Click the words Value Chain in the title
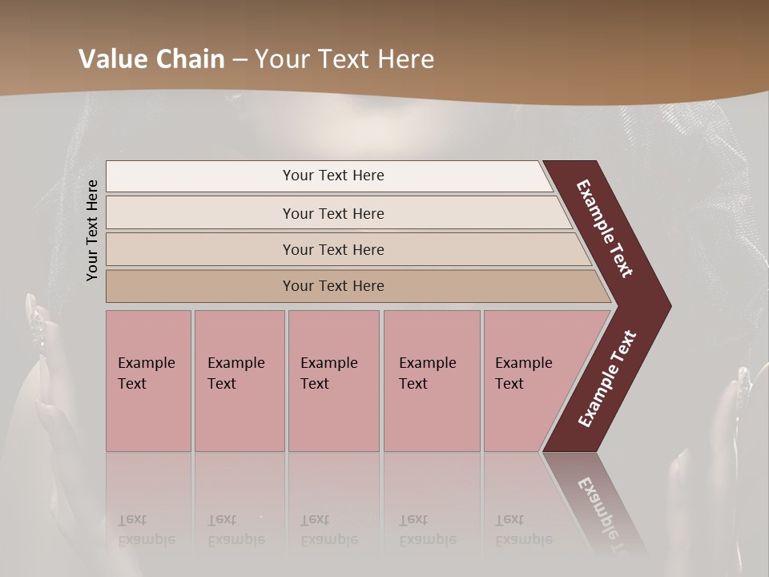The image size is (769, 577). point(151,59)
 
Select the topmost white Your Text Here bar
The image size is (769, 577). point(332,176)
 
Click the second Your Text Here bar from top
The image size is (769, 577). point(332,213)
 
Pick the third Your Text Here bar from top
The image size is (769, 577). point(332,249)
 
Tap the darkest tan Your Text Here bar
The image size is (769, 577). point(332,286)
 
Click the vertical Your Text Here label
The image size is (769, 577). point(93,230)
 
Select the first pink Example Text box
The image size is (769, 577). point(148,381)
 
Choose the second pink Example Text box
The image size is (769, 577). point(239,381)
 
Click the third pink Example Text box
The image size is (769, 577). point(333,381)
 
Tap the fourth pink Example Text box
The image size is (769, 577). point(431,381)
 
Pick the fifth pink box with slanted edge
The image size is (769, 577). point(529,381)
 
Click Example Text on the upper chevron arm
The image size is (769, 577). point(606,229)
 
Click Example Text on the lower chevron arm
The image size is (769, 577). point(608,379)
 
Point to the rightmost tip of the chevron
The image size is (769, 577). point(669,306)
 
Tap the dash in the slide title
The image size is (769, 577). point(240,59)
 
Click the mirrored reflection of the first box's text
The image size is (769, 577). point(146,530)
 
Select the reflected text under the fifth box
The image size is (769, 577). point(523,530)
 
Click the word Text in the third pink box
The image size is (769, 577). point(315,384)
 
